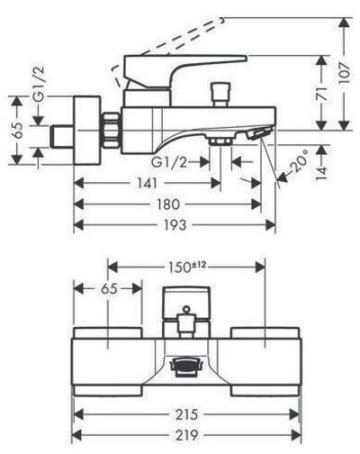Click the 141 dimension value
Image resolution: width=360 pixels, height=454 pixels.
[x=148, y=183]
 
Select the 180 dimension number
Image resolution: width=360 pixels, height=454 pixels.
[x=168, y=204]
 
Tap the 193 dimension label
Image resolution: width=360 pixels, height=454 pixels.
[x=175, y=224]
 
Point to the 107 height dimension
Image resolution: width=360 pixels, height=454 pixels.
[x=345, y=73]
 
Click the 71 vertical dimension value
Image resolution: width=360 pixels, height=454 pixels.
[x=322, y=94]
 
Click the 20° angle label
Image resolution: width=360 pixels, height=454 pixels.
[x=299, y=161]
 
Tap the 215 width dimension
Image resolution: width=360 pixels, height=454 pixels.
[x=186, y=414]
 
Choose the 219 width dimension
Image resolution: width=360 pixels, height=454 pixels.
[x=186, y=435]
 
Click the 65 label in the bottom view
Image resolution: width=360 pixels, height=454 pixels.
[x=109, y=289]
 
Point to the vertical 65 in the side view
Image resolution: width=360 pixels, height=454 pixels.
[x=19, y=130]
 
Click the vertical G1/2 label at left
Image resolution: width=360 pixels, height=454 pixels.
[x=38, y=84]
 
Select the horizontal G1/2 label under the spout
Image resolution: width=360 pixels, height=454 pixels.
[x=169, y=163]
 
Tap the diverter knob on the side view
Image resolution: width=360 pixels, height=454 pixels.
[x=220, y=95]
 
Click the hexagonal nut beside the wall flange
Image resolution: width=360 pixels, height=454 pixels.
[x=112, y=131]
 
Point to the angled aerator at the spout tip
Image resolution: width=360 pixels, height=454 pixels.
[x=259, y=132]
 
